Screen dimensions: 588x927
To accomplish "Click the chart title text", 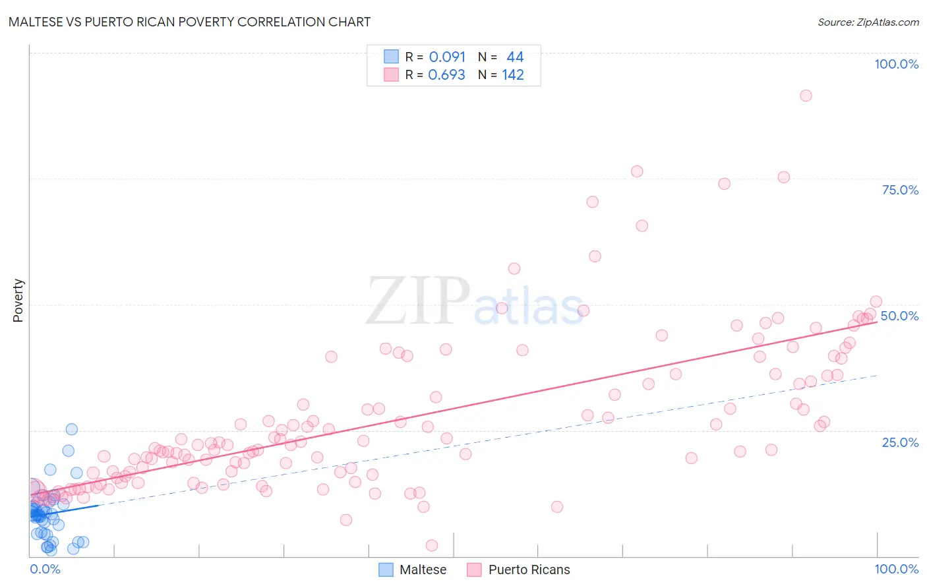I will tap(190, 22).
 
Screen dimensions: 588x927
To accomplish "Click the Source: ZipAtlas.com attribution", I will tap(868, 22).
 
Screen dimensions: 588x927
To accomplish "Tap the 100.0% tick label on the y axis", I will tap(896, 64).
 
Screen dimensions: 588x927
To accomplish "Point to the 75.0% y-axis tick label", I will tap(900, 190).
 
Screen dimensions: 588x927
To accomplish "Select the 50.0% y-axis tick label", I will tap(899, 316).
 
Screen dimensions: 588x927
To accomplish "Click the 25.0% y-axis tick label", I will tap(900, 442).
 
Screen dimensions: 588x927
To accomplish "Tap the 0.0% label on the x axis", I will tap(45, 569).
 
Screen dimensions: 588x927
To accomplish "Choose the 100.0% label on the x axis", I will tap(896, 569).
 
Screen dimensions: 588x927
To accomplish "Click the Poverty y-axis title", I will tap(18, 301).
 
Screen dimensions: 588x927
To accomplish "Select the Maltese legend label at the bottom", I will tap(423, 570).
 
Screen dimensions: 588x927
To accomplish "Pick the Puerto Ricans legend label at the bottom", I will tap(529, 570).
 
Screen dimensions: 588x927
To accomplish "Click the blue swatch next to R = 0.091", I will tap(391, 57).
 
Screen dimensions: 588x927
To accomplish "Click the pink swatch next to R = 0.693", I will tap(391, 74).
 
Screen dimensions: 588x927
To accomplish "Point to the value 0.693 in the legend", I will tap(446, 74).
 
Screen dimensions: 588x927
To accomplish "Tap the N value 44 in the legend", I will tap(515, 57).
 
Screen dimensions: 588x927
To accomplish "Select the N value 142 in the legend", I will tap(512, 74).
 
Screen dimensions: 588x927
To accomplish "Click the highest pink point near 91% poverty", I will tap(806, 96).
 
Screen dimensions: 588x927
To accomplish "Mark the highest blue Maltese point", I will tap(72, 429).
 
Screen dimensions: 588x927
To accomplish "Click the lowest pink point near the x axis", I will tap(432, 545).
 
